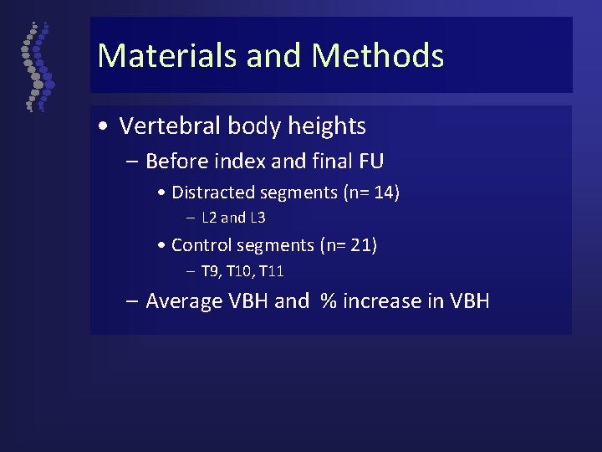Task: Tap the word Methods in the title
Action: click(378, 56)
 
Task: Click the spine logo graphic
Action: click(36, 67)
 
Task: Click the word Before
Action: click(177, 160)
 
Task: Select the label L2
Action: click(210, 218)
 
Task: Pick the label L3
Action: click(257, 218)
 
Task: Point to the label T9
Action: click(210, 271)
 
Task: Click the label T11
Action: click(272, 271)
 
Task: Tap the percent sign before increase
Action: click(329, 301)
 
